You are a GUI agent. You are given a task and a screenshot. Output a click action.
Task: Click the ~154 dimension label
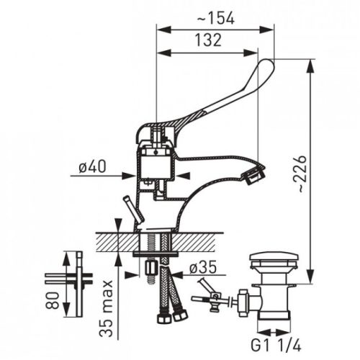(215, 18)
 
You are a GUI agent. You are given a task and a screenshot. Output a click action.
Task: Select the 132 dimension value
(208, 40)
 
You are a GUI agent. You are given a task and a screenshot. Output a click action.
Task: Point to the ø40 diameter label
(92, 166)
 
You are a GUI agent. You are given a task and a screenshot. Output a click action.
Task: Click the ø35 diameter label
(203, 267)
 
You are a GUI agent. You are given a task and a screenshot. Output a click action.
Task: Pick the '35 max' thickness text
(106, 308)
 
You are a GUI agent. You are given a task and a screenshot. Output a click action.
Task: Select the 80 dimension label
(53, 300)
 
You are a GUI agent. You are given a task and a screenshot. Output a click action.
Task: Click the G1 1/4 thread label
(276, 346)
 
